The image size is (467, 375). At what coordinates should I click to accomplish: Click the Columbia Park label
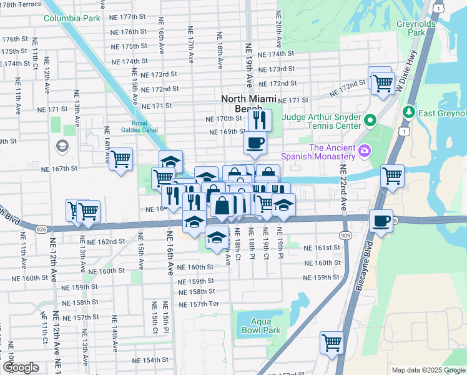tap(72, 18)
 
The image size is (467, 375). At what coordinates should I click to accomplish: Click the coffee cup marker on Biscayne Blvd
tap(381, 221)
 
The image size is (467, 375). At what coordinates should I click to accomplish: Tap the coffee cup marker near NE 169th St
tap(254, 144)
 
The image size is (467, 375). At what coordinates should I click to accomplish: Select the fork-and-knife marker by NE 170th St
tap(259, 119)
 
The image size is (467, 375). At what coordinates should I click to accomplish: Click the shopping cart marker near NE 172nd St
tap(382, 82)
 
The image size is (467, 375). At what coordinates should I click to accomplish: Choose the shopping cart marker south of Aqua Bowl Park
tap(332, 342)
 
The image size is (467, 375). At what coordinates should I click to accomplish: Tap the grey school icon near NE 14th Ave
tap(62, 146)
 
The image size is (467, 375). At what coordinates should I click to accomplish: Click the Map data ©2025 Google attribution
tap(428, 370)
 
